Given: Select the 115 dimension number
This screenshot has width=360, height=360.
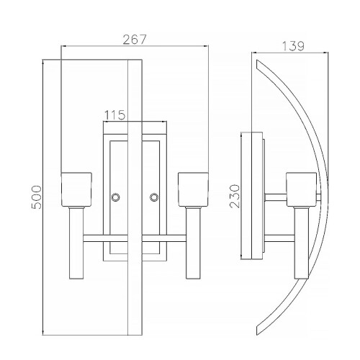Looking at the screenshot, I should [x=115, y=114].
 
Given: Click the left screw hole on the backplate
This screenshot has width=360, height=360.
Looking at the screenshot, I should [x=115, y=197].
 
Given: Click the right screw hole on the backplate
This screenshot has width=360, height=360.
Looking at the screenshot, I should [x=153, y=197].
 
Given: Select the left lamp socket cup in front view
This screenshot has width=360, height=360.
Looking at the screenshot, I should [x=77, y=189].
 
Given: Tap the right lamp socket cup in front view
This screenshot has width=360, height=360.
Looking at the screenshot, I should [x=192, y=189].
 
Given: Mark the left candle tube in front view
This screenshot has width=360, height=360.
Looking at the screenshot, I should [x=77, y=241].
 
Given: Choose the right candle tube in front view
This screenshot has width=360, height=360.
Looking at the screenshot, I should [x=192, y=241].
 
